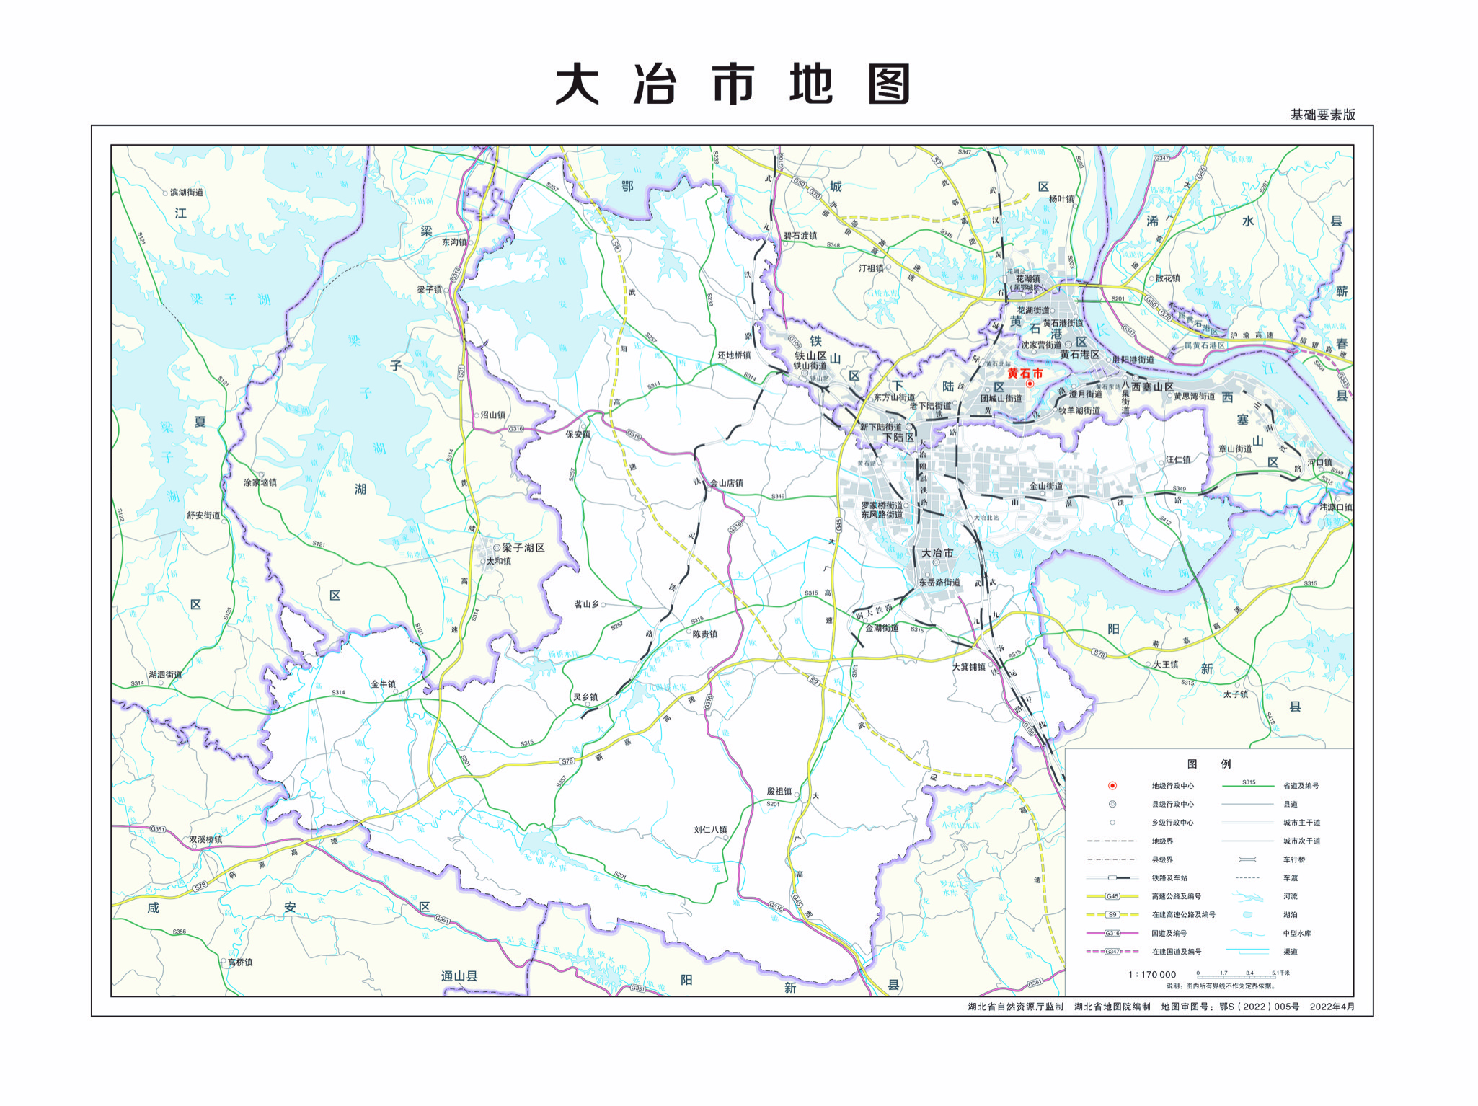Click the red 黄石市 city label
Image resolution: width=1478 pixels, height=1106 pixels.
1025,373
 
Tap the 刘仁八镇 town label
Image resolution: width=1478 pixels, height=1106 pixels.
710,830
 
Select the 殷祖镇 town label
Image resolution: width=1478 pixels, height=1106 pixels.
779,791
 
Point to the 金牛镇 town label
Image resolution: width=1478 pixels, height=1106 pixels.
383,684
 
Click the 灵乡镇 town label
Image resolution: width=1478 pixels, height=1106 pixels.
585,697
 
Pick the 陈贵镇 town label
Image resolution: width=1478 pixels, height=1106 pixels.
704,634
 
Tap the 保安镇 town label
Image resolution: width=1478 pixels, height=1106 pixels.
578,434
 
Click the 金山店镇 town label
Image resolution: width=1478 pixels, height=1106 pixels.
726,483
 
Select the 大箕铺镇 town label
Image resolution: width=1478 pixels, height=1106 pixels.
968,667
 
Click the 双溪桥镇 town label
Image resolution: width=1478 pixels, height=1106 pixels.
205,839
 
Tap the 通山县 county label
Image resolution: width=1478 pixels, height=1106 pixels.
459,976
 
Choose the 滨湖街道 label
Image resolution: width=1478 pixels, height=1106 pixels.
187,193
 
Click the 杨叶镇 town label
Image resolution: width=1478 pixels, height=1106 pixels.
1061,199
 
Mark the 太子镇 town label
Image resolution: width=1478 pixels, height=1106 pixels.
1235,694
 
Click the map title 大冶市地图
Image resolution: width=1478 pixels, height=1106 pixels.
733,84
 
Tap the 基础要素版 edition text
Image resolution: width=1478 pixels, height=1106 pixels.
1322,115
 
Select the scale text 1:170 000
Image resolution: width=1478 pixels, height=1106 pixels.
1151,974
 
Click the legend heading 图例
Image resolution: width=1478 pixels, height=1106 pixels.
1209,764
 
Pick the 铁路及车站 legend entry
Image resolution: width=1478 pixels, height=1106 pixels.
1169,878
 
